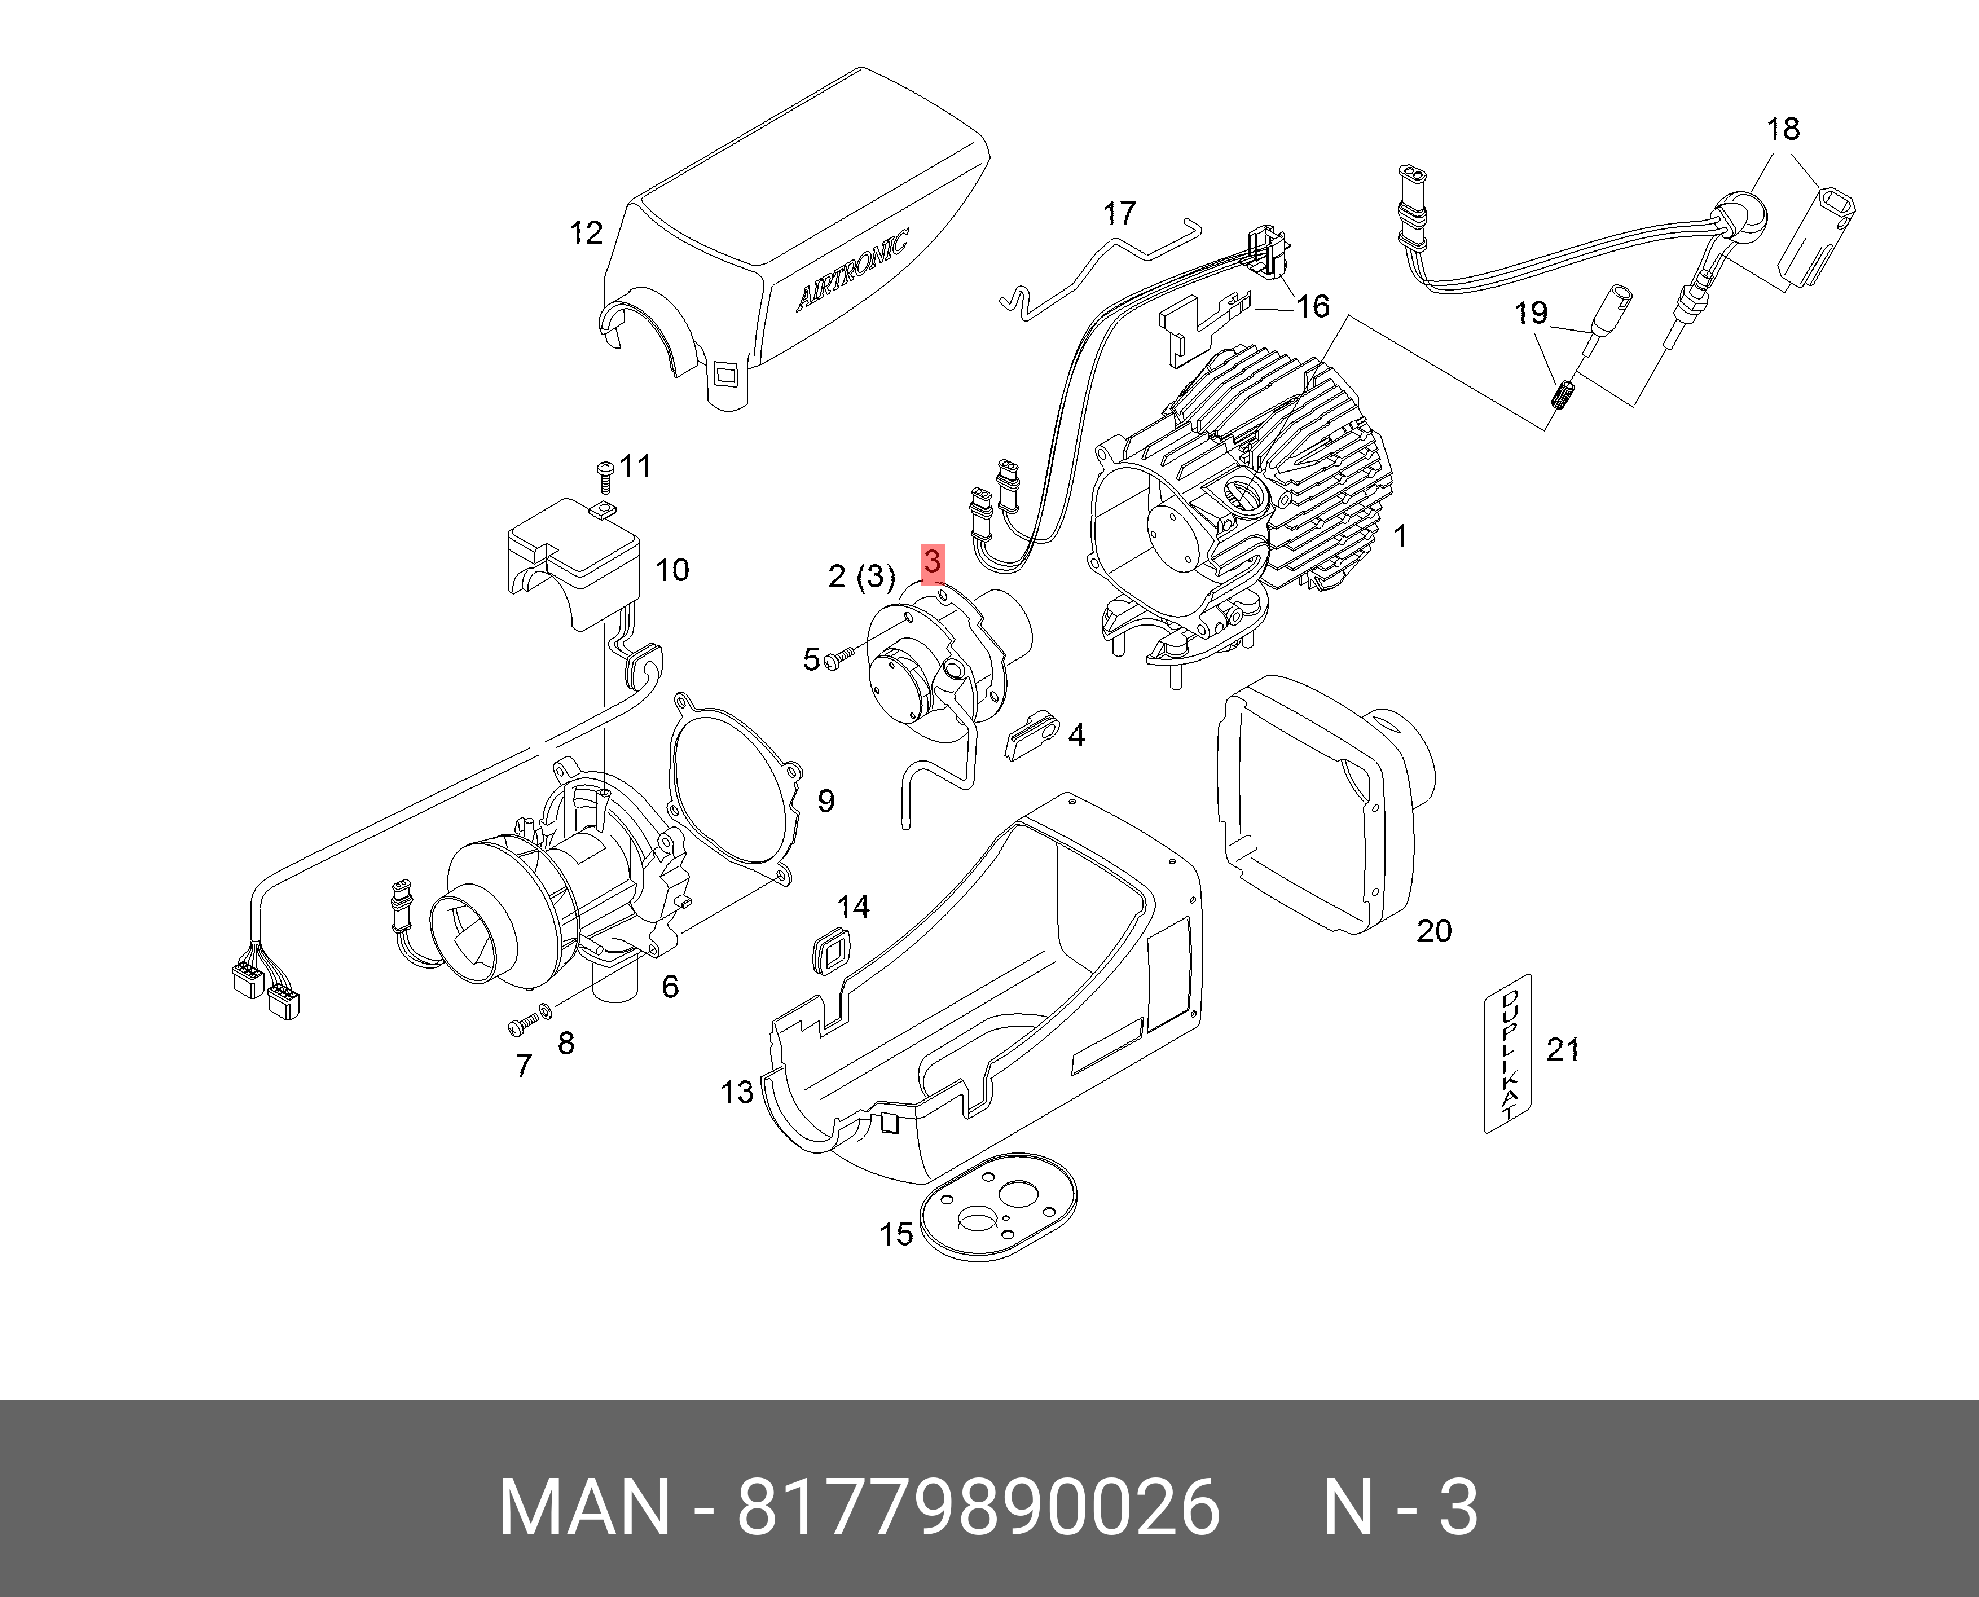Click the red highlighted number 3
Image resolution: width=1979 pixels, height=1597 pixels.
932,562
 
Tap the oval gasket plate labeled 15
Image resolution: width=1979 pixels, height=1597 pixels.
997,1207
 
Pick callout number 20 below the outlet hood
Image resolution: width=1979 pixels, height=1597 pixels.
1433,931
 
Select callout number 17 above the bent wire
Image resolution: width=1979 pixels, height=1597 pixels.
1119,213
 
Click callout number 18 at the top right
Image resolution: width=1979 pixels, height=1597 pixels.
1782,129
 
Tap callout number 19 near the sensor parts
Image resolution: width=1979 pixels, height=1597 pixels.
1531,313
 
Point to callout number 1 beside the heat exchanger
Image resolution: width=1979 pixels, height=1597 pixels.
1400,536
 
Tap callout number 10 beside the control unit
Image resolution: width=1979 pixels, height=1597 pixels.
672,570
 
